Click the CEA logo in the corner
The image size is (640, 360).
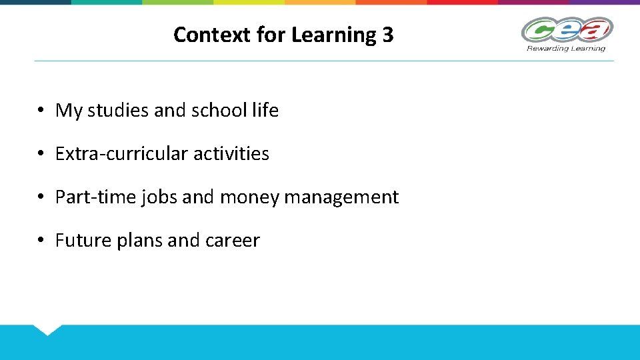tap(567, 30)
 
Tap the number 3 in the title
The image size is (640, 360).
tap(388, 35)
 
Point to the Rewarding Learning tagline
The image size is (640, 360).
tap(566, 48)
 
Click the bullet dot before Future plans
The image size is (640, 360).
tap(41, 241)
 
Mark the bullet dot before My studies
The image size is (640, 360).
tap(41, 111)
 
